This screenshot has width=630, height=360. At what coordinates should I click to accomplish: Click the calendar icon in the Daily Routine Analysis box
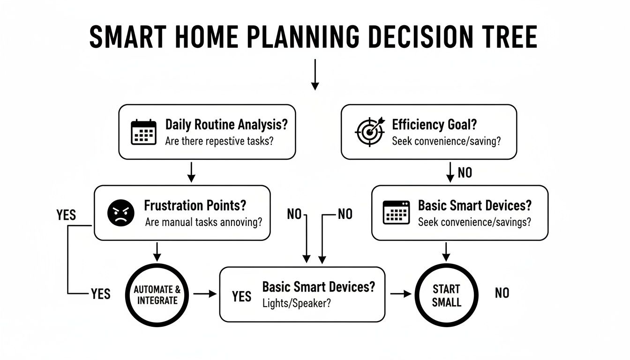click(x=143, y=132)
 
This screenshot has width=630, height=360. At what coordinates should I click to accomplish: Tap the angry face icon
click(x=121, y=213)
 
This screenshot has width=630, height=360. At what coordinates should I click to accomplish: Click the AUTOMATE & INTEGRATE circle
click(x=157, y=294)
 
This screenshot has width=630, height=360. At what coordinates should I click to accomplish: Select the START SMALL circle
click(x=446, y=295)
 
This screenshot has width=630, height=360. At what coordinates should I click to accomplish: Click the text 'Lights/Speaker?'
click(x=297, y=303)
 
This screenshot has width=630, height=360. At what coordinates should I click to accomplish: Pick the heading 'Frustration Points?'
click(x=195, y=206)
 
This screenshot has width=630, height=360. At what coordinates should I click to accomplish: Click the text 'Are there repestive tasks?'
click(x=219, y=141)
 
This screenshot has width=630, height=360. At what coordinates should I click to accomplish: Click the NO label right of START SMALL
click(x=502, y=293)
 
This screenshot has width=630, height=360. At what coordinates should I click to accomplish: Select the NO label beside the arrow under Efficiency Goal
click(x=465, y=172)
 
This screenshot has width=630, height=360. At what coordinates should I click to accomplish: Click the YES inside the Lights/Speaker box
click(x=241, y=296)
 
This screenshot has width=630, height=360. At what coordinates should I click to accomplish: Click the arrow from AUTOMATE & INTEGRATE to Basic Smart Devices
click(x=205, y=294)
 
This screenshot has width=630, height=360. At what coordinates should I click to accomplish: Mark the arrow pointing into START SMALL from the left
click(x=401, y=294)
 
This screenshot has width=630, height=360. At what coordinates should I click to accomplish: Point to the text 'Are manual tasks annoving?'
click(x=203, y=222)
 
